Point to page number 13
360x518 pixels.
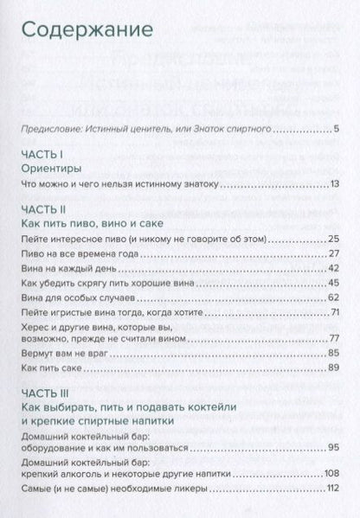[x=334, y=185]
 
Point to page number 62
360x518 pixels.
[x=333, y=297]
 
